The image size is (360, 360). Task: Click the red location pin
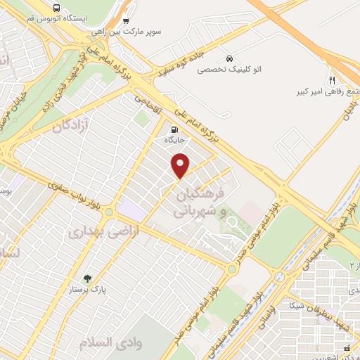pyautogui.click(x=181, y=167)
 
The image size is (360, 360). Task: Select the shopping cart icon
pyautogui.click(x=126, y=20)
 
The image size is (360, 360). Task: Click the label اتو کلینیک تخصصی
pyautogui.click(x=229, y=70)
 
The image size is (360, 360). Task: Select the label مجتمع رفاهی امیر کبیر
pyautogui.click(x=328, y=92)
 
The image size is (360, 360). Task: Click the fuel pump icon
pyautogui.click(x=173, y=129)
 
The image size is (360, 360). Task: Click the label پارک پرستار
pyautogui.click(x=87, y=289)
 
